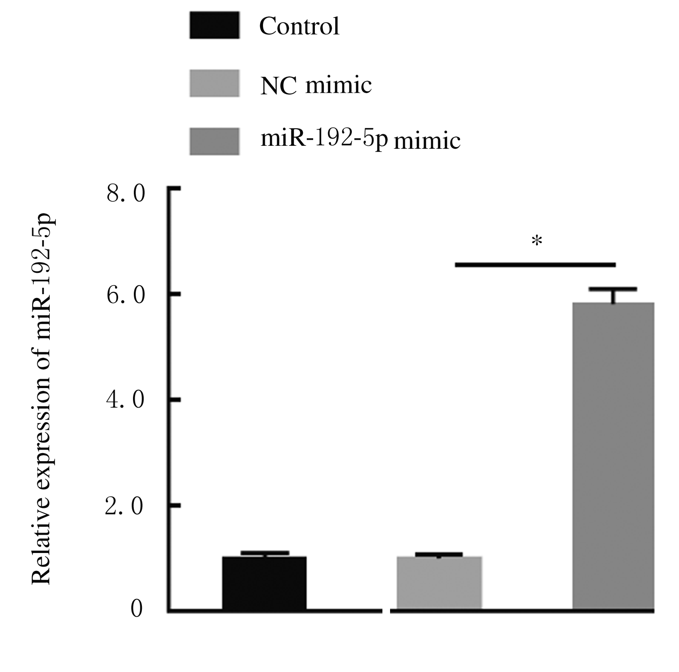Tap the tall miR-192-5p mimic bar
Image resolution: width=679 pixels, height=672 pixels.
pyautogui.click(x=613, y=457)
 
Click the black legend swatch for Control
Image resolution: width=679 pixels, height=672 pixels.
pyautogui.click(x=214, y=26)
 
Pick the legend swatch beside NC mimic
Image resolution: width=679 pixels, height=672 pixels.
pyautogui.click(x=214, y=83)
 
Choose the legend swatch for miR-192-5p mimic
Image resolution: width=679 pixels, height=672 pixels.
pyautogui.click(x=214, y=141)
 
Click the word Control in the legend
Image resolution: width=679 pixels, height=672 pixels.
pyautogui.click(x=299, y=26)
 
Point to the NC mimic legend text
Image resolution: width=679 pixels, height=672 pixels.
pyautogui.click(x=316, y=85)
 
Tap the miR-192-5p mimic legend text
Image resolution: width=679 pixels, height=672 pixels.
pyautogui.click(x=360, y=139)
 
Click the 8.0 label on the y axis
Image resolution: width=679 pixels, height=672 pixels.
pyautogui.click(x=126, y=194)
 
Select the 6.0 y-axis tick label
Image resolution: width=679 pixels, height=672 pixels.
pyautogui.click(x=126, y=295)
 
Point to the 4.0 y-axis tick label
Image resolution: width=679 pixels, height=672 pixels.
pyautogui.click(x=126, y=400)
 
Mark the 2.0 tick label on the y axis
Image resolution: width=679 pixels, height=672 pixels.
pyautogui.click(x=124, y=506)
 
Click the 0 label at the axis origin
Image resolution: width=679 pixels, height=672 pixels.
pyautogui.click(x=136, y=609)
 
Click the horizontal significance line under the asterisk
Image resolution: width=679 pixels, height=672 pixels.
pyautogui.click(x=535, y=265)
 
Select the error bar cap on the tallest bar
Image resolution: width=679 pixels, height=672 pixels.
pyautogui.click(x=613, y=289)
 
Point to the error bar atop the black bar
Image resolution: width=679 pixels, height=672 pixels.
pyautogui.click(x=265, y=553)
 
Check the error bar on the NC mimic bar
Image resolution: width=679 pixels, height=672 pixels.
pyautogui.click(x=439, y=554)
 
